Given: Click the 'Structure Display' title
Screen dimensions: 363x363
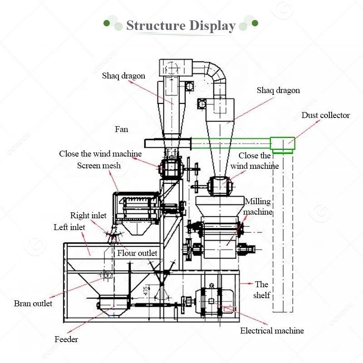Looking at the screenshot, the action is [181, 26].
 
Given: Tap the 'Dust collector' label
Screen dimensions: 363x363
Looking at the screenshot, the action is [325, 115].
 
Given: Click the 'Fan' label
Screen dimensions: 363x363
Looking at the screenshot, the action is [121, 129].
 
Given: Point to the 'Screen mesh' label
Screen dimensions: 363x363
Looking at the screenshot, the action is [99, 166].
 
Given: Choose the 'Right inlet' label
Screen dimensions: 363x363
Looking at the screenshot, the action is [88, 216].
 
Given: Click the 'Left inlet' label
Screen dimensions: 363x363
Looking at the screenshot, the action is [69, 227].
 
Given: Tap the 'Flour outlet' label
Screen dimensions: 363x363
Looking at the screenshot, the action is [137, 253].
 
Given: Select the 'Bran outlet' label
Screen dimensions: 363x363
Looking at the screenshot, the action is [33, 303].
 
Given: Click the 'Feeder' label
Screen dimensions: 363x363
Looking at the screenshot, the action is [66, 339].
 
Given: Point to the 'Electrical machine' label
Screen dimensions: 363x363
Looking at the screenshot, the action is [272, 331].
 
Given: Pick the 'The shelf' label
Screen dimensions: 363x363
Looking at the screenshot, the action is [262, 289].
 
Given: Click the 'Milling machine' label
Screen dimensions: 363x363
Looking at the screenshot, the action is [258, 206].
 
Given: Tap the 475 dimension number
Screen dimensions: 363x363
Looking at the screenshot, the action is [146, 291].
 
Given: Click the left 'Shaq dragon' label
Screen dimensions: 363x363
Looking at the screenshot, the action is [123, 76].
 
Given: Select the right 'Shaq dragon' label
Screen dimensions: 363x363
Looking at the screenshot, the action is [278, 90].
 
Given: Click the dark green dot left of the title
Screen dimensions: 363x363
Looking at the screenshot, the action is [107, 23].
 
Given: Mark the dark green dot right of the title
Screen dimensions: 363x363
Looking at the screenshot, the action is [255, 23].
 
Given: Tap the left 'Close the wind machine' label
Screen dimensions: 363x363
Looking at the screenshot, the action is [100, 154].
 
